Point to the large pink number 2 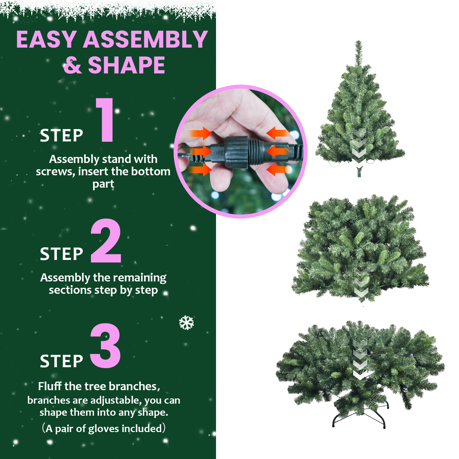tap(106, 241)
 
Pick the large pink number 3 tap(105, 346)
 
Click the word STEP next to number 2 tap(61, 254)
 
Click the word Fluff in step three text tap(50, 386)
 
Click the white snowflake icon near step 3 tap(186, 323)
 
